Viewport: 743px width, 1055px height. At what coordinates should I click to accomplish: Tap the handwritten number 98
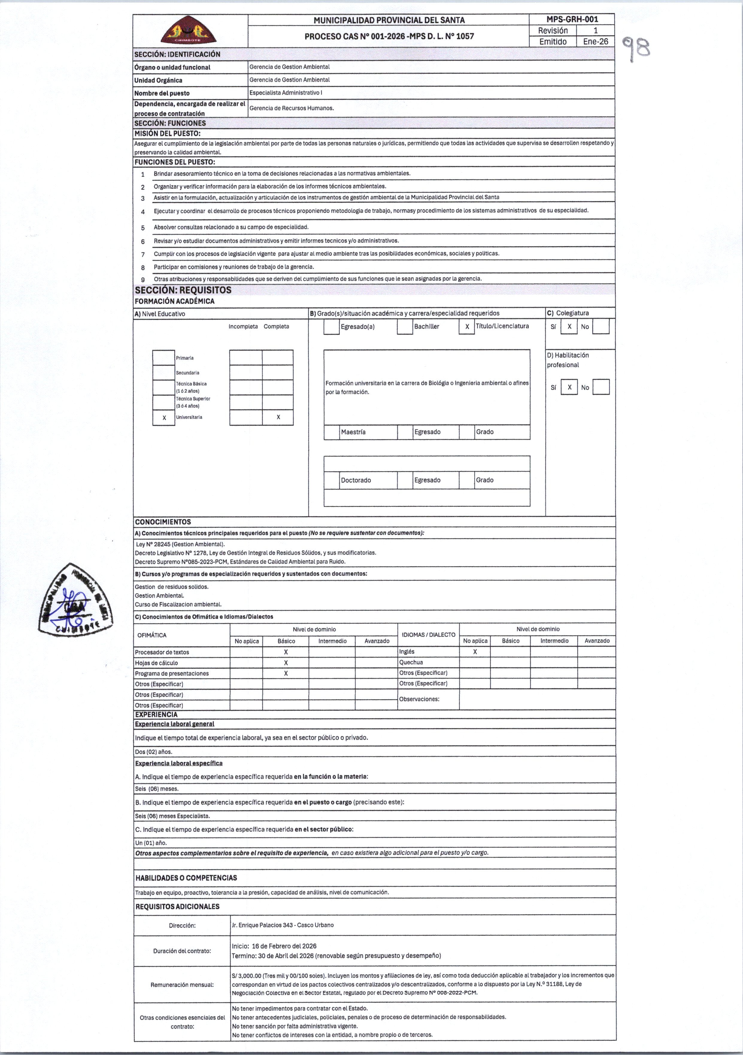point(636,48)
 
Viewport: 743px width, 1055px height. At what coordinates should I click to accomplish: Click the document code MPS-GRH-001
point(572,19)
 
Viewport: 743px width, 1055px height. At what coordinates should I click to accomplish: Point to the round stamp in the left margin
point(76,601)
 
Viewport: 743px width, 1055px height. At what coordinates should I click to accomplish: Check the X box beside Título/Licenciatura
point(467,327)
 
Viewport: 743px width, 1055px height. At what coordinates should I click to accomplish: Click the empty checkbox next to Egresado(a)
point(331,327)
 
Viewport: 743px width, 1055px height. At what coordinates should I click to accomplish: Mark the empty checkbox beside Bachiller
point(405,327)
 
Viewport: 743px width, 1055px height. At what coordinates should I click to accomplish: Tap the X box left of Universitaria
point(164,418)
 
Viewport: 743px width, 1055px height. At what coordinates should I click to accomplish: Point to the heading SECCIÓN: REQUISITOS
point(183,290)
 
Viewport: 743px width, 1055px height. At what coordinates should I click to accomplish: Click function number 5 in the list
point(143,228)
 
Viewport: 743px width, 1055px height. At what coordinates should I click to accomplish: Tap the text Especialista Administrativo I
point(286,93)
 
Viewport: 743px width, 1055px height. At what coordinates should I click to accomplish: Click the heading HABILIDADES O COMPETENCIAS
point(186,878)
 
